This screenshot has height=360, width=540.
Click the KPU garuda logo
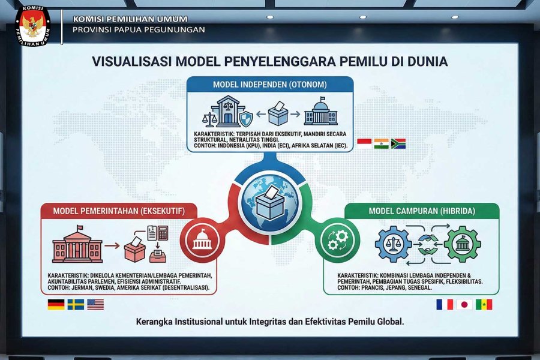(x=33, y=25)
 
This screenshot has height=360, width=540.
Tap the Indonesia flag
(x=364, y=143)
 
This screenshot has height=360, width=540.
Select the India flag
(x=381, y=143)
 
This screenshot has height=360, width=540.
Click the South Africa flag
(x=398, y=143)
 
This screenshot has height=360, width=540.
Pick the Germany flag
(x=56, y=305)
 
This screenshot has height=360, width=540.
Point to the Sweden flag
(x=76, y=305)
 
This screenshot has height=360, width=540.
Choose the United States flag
(x=95, y=305)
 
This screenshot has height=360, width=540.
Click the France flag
(x=445, y=305)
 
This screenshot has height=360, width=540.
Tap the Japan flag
(x=464, y=305)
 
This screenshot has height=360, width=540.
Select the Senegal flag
(x=484, y=305)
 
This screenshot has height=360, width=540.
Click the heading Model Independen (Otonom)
(x=270, y=85)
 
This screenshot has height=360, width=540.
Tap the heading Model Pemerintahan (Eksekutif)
(x=119, y=211)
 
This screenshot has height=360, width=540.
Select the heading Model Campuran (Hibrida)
(x=422, y=211)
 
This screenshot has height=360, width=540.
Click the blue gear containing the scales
(x=393, y=244)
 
